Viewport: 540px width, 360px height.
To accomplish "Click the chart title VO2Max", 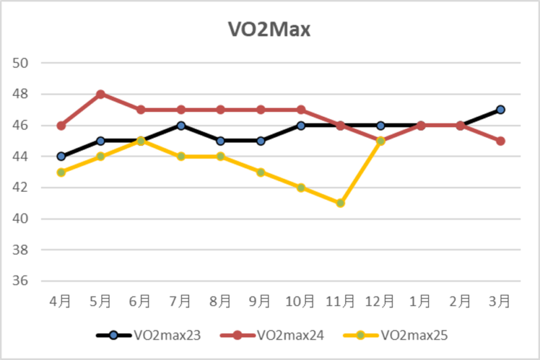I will pos(269,30).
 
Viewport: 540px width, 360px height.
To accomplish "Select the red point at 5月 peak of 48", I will pos(101,94).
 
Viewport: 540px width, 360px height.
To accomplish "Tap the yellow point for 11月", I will pos(340,203).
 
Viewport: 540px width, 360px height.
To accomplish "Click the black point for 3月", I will pos(500,109).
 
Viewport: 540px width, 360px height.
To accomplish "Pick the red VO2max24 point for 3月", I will pos(500,141).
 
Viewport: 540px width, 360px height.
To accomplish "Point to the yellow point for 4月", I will pos(61,172).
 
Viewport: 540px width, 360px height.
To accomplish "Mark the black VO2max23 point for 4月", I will pos(61,157).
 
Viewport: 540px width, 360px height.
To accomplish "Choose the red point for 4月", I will pos(61,126).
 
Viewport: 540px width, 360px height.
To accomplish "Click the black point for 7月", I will pos(180,126).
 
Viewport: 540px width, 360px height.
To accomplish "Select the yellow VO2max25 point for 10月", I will pos(300,188).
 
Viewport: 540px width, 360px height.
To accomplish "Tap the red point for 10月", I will pos(300,109).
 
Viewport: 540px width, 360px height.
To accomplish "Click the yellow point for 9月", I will pos(261,172).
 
